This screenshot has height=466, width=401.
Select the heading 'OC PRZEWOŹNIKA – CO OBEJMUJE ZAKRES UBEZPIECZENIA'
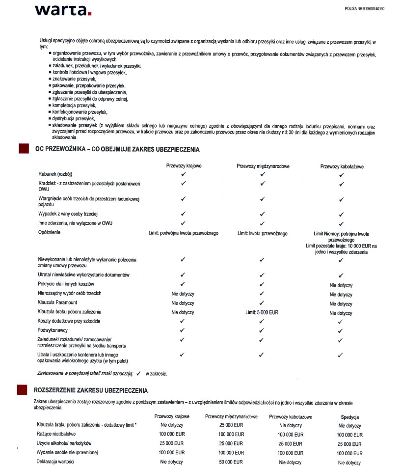click(x=117, y=149)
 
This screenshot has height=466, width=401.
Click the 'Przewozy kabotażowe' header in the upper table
click(x=342, y=166)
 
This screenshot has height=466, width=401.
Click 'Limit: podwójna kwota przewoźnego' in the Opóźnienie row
click(x=184, y=233)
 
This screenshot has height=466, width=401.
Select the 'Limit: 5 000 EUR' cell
click(x=262, y=312)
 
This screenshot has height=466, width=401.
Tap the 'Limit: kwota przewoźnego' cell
click(x=262, y=233)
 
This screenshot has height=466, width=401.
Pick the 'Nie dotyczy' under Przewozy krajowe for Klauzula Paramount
click(x=183, y=303)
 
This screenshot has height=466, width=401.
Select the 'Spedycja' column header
click(x=350, y=417)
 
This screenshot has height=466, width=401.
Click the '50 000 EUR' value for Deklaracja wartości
click(x=231, y=462)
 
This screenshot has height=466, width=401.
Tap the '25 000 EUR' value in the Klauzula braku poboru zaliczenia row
click(x=231, y=425)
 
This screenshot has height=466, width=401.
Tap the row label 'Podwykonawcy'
click(x=53, y=330)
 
